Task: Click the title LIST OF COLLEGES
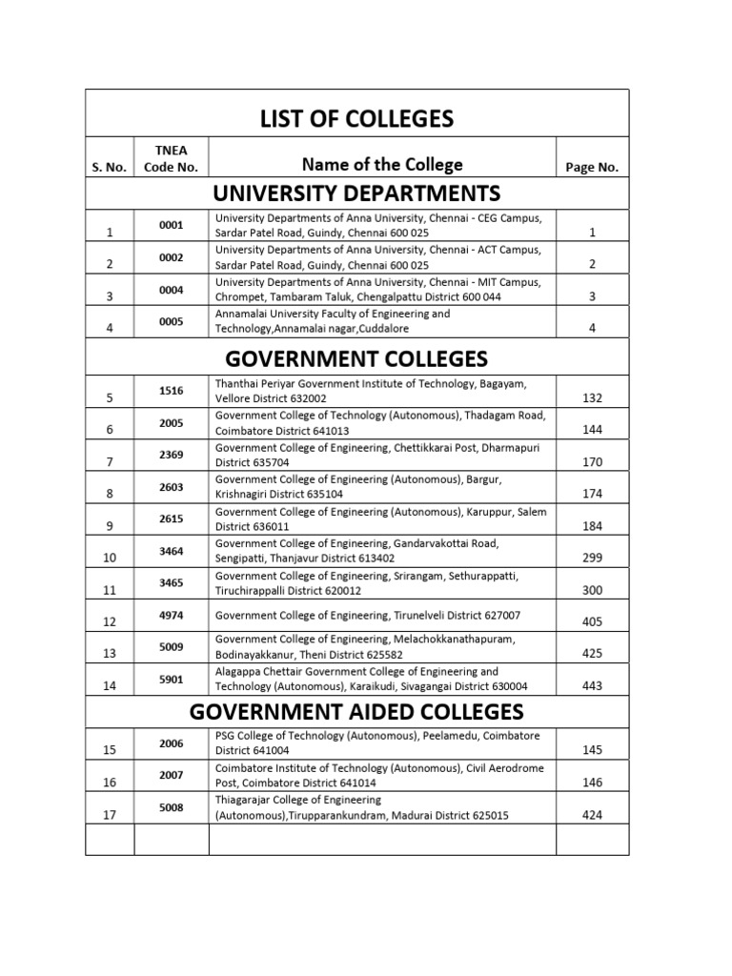[x=357, y=119]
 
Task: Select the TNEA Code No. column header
[x=172, y=158]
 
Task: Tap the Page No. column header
[x=592, y=167]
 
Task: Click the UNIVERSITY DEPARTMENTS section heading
[x=357, y=193]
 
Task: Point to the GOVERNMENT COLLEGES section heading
[x=357, y=358]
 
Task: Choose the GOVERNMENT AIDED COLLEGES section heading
[x=357, y=711]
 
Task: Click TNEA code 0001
[x=172, y=226]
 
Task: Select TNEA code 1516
[x=172, y=391]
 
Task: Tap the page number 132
[x=592, y=397]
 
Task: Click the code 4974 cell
[x=172, y=615]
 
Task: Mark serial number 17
[x=111, y=816]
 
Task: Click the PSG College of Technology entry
[x=377, y=743]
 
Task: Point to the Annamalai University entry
[x=334, y=321]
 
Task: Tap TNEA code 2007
[x=172, y=776]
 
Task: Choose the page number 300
[x=592, y=591]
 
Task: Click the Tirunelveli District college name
[x=368, y=615]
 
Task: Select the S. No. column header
[x=110, y=167]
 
